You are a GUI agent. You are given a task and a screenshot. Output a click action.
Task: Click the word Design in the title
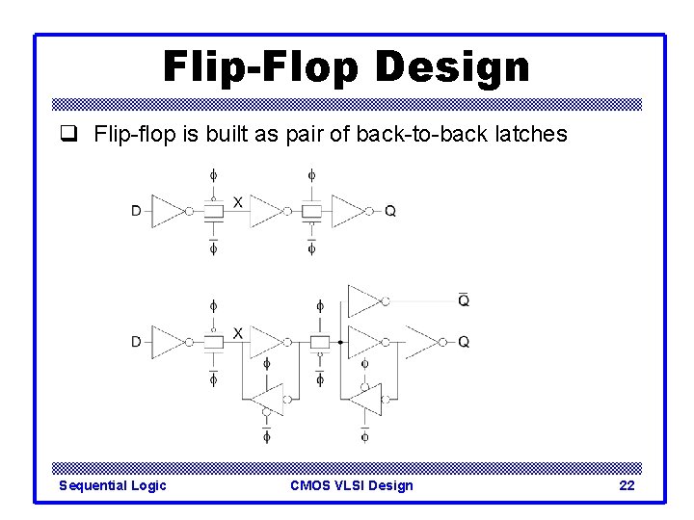tap(452, 66)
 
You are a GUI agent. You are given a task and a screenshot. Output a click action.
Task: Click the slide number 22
tap(627, 485)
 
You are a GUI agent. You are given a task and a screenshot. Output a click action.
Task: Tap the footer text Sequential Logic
tap(113, 485)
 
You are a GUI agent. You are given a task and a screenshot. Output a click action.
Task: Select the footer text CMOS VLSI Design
tap(351, 485)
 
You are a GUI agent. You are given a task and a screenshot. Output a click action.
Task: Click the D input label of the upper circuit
tap(137, 210)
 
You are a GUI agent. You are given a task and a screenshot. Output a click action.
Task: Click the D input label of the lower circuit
tap(137, 341)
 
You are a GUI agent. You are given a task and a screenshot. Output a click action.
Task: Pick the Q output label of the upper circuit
tap(389, 210)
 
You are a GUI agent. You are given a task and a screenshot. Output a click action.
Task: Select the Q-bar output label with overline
tap(464, 300)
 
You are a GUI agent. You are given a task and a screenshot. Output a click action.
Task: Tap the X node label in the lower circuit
tap(238, 332)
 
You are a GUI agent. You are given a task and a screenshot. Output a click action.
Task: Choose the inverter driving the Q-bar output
tap(364, 300)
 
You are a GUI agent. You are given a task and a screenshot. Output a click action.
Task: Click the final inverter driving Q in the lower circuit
tap(423, 341)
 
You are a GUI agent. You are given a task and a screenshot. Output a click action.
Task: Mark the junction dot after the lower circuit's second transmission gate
tap(339, 341)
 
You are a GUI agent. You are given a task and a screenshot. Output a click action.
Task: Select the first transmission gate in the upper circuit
tap(213, 210)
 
